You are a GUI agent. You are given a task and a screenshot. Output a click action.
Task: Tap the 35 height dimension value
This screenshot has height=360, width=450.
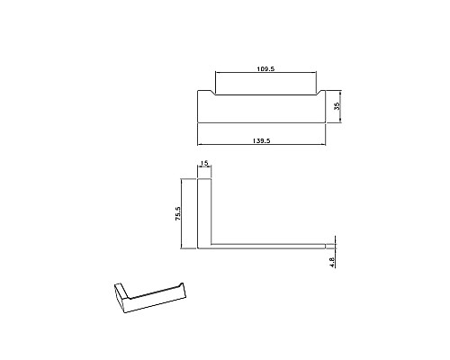click(x=337, y=106)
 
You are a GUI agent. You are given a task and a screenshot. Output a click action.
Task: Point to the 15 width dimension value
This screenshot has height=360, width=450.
click(x=204, y=164)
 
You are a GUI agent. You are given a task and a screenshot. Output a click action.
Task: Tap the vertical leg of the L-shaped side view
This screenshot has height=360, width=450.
click(x=204, y=211)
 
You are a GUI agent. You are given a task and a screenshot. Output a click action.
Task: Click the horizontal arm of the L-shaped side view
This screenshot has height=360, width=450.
click(x=270, y=246)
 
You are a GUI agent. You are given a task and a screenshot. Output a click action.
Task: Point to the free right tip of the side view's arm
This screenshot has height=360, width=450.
click(x=326, y=246)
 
